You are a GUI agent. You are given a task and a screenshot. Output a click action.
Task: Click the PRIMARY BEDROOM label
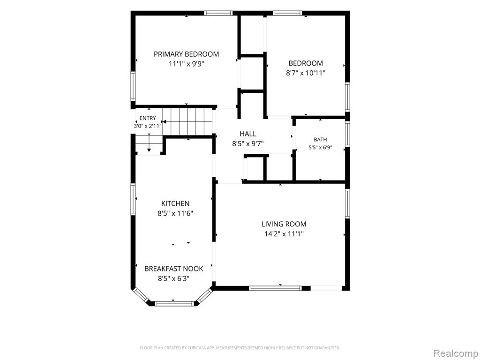click(x=186, y=54)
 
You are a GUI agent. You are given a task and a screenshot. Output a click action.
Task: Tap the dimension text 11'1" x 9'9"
click(x=186, y=64)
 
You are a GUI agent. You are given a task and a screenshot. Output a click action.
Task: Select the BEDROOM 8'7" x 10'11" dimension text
click(x=306, y=73)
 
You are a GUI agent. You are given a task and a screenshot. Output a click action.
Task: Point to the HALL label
click(x=248, y=134)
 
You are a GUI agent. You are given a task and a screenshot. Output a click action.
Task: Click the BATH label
click(x=320, y=140)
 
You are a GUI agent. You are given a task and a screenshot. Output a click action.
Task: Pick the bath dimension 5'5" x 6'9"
click(x=320, y=147)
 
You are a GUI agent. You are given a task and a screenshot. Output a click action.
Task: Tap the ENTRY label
click(x=148, y=118)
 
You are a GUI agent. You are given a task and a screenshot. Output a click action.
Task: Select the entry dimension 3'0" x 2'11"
click(x=148, y=126)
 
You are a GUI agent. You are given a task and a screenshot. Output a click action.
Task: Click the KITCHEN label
click(x=175, y=203)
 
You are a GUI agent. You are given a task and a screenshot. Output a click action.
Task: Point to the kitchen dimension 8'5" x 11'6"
click(x=175, y=213)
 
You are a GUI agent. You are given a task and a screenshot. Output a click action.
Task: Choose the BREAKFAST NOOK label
click(x=173, y=269)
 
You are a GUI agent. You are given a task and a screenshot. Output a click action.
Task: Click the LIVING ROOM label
click(x=284, y=224)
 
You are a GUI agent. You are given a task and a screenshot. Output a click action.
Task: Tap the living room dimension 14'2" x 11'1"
click(x=284, y=234)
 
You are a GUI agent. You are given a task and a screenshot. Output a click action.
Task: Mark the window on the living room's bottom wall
click(x=275, y=288)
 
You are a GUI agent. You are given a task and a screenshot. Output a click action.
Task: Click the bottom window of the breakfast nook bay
click(x=174, y=304)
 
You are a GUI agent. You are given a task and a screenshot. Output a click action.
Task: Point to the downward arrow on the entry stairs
click(x=149, y=143)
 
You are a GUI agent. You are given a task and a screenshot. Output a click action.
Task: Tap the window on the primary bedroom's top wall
click(x=218, y=13)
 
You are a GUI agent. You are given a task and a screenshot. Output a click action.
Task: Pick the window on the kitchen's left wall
click(x=133, y=199)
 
